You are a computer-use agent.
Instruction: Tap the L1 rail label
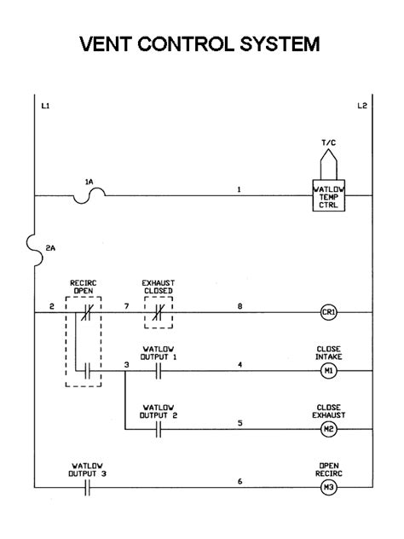coord(45,106)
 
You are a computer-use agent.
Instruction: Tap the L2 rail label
coord(361,106)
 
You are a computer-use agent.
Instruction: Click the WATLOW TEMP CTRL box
coord(329,196)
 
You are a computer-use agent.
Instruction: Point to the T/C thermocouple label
coord(329,143)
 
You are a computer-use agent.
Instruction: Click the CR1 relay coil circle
coord(329,313)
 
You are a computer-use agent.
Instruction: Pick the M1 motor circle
coord(329,371)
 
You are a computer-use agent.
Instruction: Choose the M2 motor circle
coord(329,429)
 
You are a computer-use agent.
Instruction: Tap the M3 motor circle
coord(329,488)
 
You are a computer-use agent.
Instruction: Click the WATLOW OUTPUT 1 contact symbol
coord(159,371)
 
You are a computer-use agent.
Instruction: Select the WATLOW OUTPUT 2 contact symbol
coord(159,429)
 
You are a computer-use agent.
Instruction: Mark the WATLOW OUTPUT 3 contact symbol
coord(87,488)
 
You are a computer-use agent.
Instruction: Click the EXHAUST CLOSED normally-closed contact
coord(159,313)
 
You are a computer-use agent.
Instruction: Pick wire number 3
coord(125,364)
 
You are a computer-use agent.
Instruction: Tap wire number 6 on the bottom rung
coord(240,481)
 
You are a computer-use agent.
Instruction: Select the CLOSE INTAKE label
coord(329,352)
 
